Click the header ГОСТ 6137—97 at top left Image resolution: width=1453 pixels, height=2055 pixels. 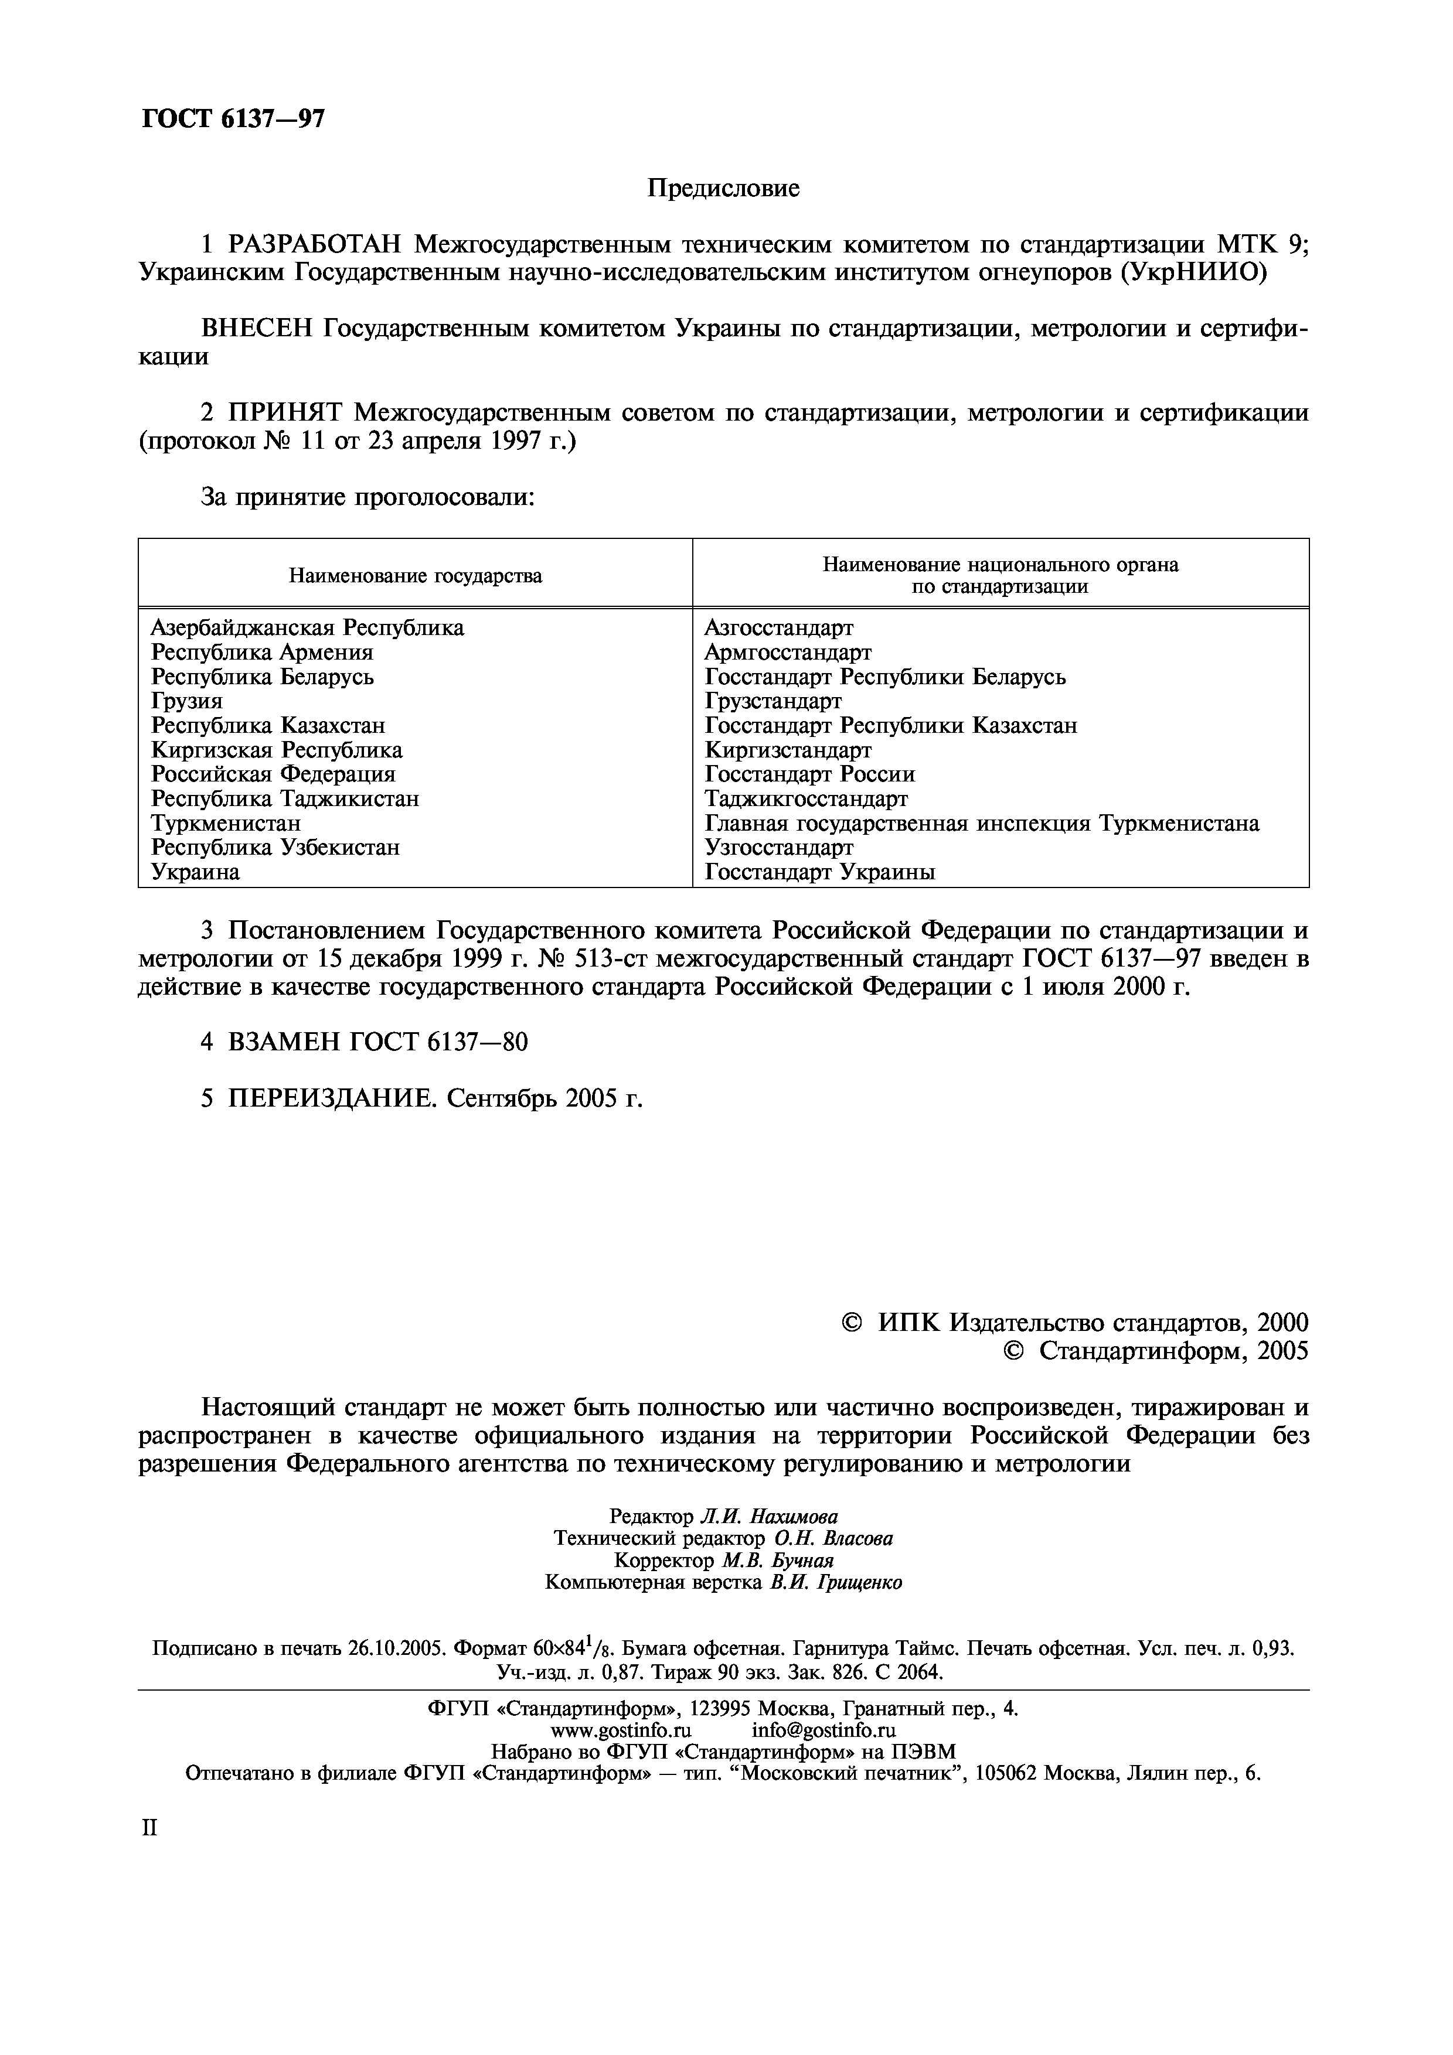pos(233,119)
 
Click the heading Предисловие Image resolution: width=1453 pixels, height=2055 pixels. pos(723,189)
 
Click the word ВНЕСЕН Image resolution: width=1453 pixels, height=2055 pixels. pos(257,329)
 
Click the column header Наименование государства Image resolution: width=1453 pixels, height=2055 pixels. pos(416,575)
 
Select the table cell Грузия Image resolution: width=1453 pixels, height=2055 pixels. pos(187,701)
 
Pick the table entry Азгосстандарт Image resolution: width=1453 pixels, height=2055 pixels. pos(779,627)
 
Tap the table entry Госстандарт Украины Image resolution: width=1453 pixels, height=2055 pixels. pos(820,872)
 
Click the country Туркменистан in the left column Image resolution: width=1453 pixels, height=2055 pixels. pos(226,822)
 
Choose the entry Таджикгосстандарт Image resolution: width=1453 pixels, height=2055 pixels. pos(806,798)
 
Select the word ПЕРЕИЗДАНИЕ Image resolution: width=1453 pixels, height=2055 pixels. pos(332,1098)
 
